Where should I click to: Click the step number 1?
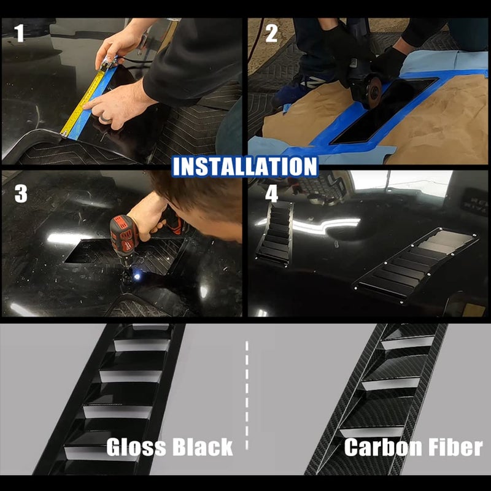pyautogui.click(x=19, y=33)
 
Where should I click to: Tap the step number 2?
pyautogui.click(x=271, y=33)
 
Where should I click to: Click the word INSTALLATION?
pyautogui.click(x=245, y=166)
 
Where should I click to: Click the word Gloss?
pyautogui.click(x=136, y=447)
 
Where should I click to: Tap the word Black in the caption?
pyautogui.click(x=203, y=447)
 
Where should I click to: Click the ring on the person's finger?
pyautogui.click(x=104, y=118)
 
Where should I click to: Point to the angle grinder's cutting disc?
pyautogui.click(x=372, y=93)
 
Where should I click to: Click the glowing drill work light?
pyautogui.click(x=137, y=276)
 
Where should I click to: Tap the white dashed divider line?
pyautogui.click(x=247, y=395)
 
